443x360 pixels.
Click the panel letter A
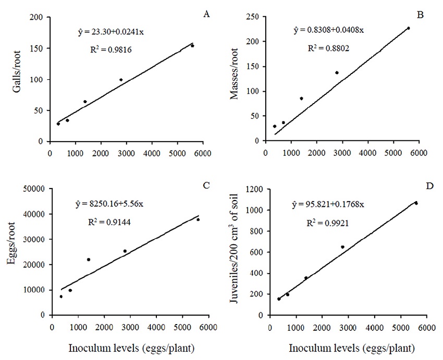pyautogui.click(x=206, y=14)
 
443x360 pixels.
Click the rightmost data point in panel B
pyautogui.click(x=408, y=28)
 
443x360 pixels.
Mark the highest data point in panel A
pyautogui.click(x=192, y=46)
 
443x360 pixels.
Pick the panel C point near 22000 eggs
pyautogui.click(x=89, y=259)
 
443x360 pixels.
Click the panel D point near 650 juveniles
pyautogui.click(x=342, y=247)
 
